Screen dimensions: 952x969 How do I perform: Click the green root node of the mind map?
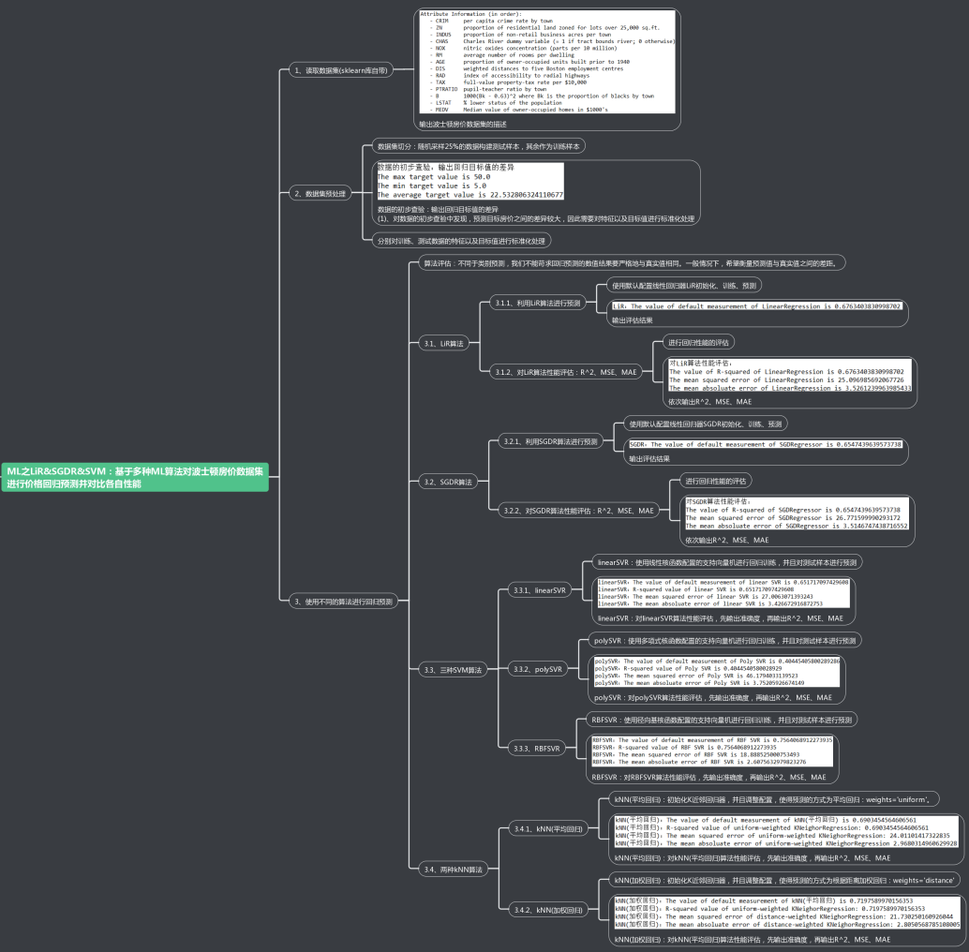(x=136, y=477)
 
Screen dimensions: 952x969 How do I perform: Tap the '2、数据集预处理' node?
(x=320, y=193)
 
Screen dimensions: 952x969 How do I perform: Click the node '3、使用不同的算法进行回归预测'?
(x=343, y=601)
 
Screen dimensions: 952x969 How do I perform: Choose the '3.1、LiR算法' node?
(x=444, y=344)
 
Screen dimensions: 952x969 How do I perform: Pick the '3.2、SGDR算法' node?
(x=448, y=482)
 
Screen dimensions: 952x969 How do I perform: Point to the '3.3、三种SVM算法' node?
(x=454, y=670)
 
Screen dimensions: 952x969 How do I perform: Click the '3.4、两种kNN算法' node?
(x=454, y=870)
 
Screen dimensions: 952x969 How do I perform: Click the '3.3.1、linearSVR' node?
(x=539, y=590)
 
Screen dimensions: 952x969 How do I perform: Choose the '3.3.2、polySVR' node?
(x=537, y=669)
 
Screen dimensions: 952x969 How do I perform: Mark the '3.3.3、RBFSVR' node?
(x=534, y=749)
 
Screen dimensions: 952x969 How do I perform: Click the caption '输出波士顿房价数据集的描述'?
(x=463, y=124)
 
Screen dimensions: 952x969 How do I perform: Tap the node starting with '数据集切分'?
(x=479, y=146)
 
